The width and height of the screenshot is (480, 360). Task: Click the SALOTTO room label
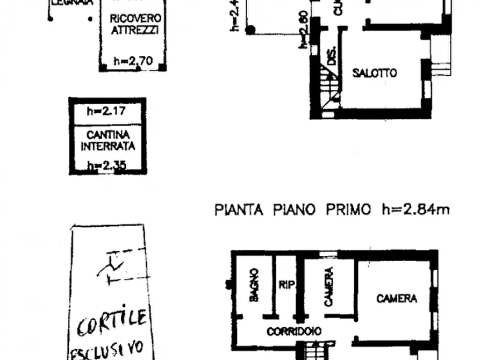pyautogui.click(x=375, y=73)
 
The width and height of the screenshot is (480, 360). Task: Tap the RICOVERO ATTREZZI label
pyautogui.click(x=134, y=24)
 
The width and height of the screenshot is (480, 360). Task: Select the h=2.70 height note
pyautogui.click(x=133, y=62)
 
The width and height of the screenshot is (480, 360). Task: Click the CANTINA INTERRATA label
pyautogui.click(x=108, y=140)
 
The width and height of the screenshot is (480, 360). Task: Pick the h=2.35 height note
pyautogui.click(x=108, y=165)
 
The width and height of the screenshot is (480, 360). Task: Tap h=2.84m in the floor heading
pyautogui.click(x=415, y=209)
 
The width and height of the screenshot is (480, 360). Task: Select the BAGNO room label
pyautogui.click(x=254, y=285)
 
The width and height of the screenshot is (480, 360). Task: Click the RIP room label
pyautogui.click(x=287, y=285)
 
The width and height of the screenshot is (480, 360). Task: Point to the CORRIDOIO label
pyautogui.click(x=294, y=332)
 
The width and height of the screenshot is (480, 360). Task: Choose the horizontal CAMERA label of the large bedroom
pyautogui.click(x=396, y=298)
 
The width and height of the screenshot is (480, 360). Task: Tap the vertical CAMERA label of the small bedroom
pyautogui.click(x=329, y=287)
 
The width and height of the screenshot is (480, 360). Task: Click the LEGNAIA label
pyautogui.click(x=73, y=2)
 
